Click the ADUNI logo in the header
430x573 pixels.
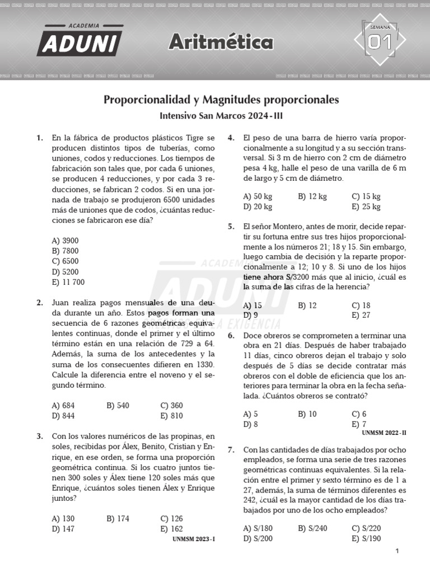[x=80, y=40]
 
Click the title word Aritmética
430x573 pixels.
[x=221, y=41]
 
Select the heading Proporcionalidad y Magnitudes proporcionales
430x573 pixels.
[x=221, y=100]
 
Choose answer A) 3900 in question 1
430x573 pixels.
[x=65, y=241]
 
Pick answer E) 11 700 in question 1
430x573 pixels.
[x=68, y=283]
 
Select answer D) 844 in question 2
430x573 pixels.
[x=63, y=416]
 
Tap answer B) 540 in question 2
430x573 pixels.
[x=118, y=406]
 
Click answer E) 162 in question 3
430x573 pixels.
[x=171, y=529]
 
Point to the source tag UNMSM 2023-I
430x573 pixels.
[x=194, y=539]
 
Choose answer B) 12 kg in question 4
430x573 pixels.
[x=312, y=196]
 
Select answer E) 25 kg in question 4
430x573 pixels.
[x=366, y=206]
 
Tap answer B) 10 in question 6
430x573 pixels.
[x=307, y=414]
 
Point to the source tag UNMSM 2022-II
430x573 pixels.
[x=384, y=433]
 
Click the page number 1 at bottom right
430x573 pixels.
[x=397, y=552]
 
